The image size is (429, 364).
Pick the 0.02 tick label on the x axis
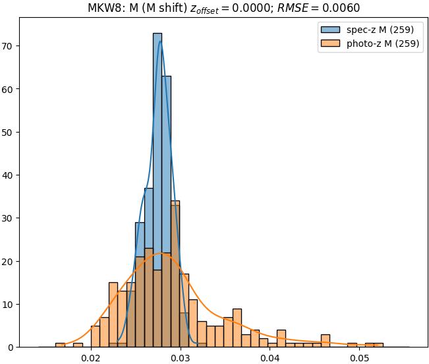pyautogui.click(x=91, y=358)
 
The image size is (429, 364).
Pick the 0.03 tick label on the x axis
pyautogui.click(x=181, y=358)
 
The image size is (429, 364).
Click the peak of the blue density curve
pyautogui.click(x=159, y=41)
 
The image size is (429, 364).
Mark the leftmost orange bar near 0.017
pyautogui.click(x=60, y=344)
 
